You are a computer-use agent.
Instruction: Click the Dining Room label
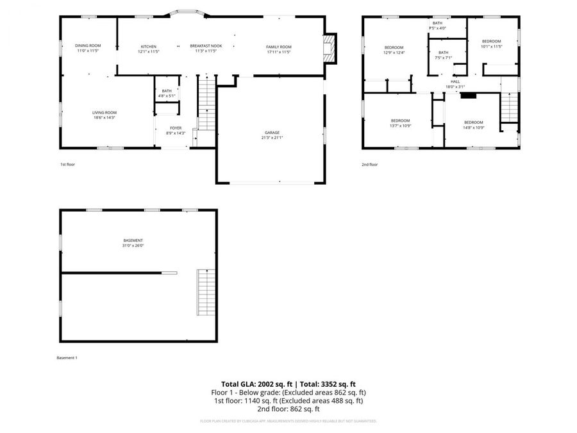(88, 46)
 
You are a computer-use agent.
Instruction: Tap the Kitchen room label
(149, 46)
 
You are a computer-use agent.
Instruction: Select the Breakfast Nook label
(206, 46)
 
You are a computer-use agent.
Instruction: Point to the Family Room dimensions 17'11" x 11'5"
(279, 52)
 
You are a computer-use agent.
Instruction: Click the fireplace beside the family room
(330, 49)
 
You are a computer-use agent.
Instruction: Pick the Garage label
(272, 133)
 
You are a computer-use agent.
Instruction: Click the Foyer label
(176, 128)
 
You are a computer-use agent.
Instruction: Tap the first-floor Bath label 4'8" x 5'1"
(167, 93)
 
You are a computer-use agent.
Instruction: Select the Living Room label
(104, 112)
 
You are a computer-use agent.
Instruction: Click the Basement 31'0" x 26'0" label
(133, 243)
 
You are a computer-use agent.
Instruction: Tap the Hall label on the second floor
(455, 81)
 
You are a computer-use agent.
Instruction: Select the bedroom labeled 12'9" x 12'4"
(394, 50)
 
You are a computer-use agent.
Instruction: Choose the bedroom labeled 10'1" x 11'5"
(491, 44)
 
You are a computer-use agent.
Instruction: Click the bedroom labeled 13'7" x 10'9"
(401, 123)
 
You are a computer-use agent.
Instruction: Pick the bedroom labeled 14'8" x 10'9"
(473, 124)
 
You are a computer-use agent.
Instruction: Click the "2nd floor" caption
(369, 165)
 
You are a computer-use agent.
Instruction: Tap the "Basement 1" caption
(67, 357)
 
